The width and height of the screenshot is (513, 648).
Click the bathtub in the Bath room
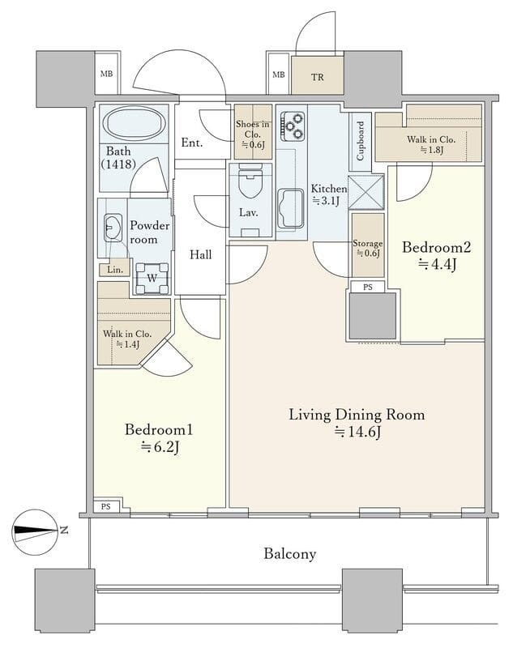[135, 124]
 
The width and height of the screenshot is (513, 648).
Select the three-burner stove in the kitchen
[292, 126]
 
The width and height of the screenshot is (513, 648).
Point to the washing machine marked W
[152, 278]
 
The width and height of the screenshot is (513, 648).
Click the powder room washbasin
[113, 228]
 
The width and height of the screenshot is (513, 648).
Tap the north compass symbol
[35, 531]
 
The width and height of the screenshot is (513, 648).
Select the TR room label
[318, 77]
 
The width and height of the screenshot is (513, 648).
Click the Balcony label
[290, 553]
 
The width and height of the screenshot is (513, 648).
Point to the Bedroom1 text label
[159, 430]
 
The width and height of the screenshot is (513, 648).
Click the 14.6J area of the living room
[357, 432]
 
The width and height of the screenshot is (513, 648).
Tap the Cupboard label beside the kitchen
[360, 141]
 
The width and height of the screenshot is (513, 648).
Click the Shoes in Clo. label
[253, 129]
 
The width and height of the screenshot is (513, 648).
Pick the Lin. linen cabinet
[114, 270]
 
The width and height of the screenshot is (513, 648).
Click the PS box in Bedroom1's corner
[106, 506]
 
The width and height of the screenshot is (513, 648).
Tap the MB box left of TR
[279, 75]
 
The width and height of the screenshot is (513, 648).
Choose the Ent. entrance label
[192, 143]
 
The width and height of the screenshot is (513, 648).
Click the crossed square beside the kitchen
[366, 193]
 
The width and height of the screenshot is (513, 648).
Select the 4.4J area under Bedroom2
[437, 264]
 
